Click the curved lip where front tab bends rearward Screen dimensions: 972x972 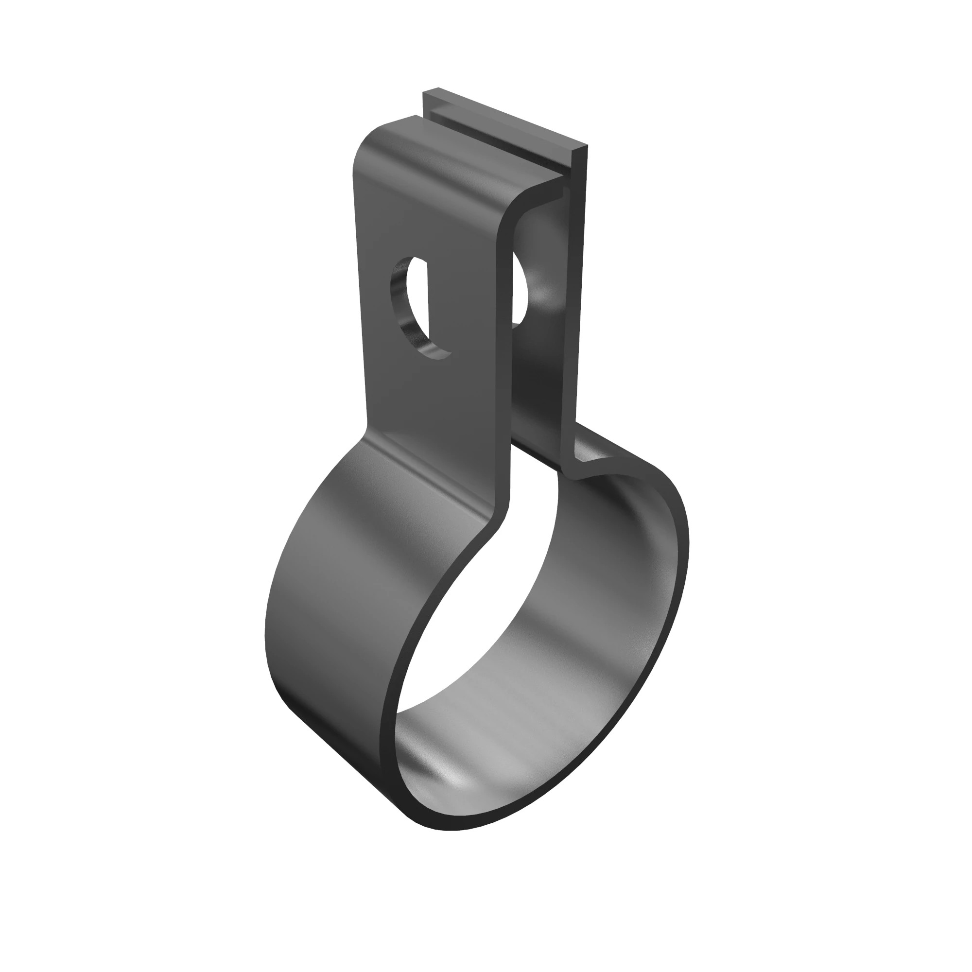pos(523,201)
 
